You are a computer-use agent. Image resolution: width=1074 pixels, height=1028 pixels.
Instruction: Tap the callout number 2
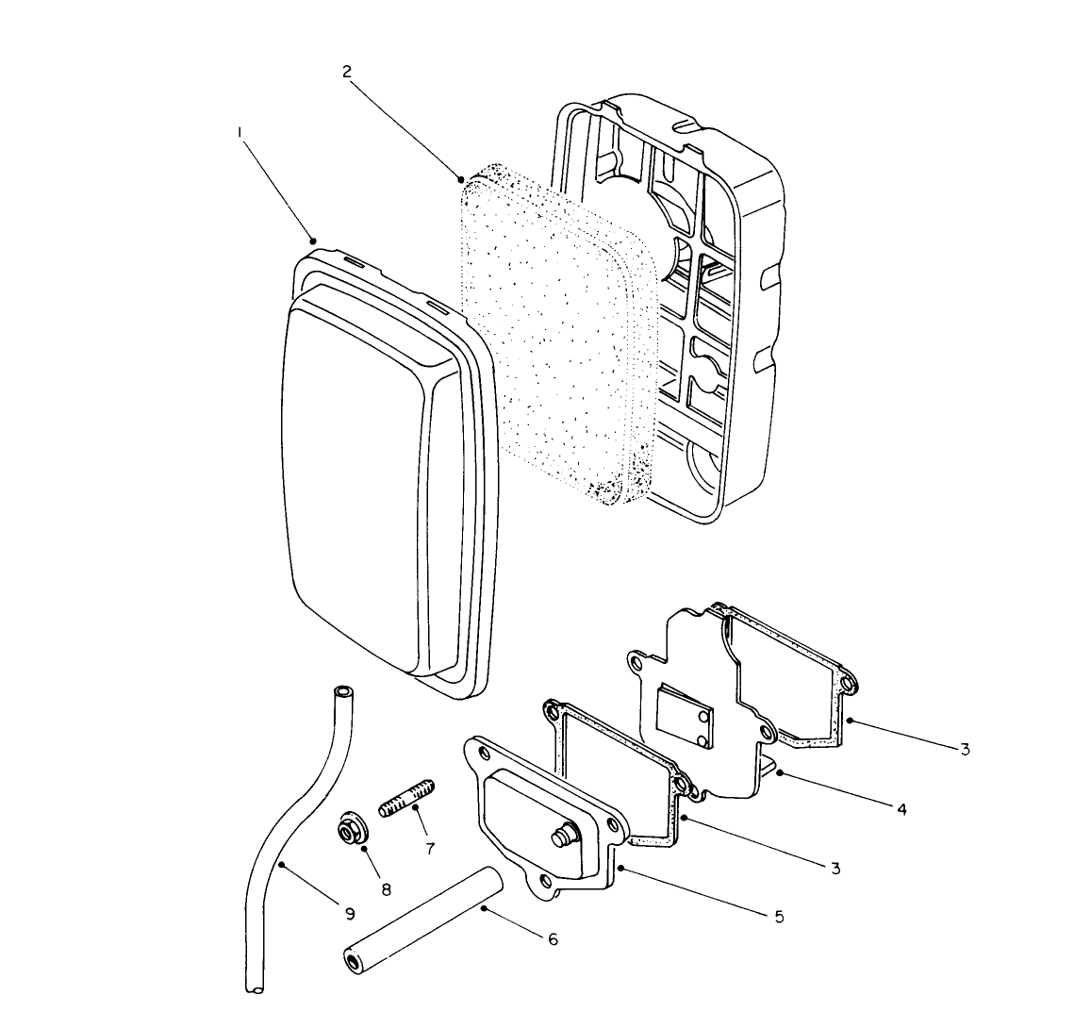pos(348,72)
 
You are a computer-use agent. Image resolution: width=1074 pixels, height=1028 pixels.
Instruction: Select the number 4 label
pos(901,808)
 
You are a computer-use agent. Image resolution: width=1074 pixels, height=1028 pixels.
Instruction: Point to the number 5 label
pos(778,916)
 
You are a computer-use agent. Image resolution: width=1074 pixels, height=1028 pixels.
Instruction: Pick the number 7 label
pos(430,848)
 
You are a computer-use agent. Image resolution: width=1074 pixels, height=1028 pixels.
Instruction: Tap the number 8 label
pos(385,888)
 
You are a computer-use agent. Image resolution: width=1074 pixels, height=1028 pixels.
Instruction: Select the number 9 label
pos(349,913)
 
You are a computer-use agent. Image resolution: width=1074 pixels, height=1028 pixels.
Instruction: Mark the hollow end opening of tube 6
pos(352,961)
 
